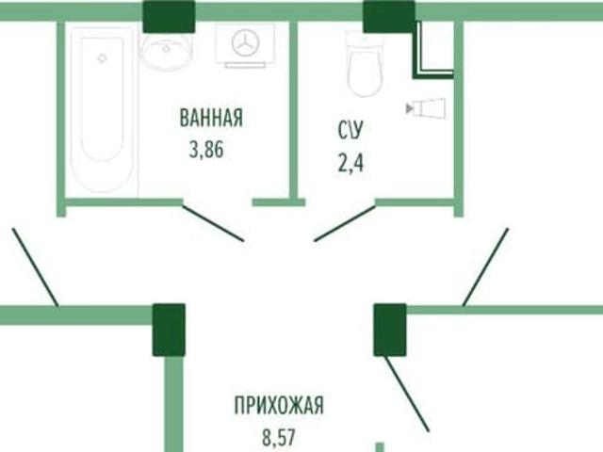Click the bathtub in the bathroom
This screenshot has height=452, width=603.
point(103,108)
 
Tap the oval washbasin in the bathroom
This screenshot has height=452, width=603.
point(168,51)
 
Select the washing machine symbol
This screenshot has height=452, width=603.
point(246,43)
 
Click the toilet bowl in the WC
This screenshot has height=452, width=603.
point(364,64)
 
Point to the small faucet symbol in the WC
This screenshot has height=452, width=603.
point(427,109)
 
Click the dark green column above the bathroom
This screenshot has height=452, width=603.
point(170,15)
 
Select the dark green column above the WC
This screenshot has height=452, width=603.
point(388,15)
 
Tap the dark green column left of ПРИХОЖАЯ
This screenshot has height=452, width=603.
point(170,329)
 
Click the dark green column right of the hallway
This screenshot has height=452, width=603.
point(389,329)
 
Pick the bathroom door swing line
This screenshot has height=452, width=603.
point(212,222)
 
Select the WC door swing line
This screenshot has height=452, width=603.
point(345,224)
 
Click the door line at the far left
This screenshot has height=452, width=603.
point(35,265)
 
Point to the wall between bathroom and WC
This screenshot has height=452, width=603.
point(293,108)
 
